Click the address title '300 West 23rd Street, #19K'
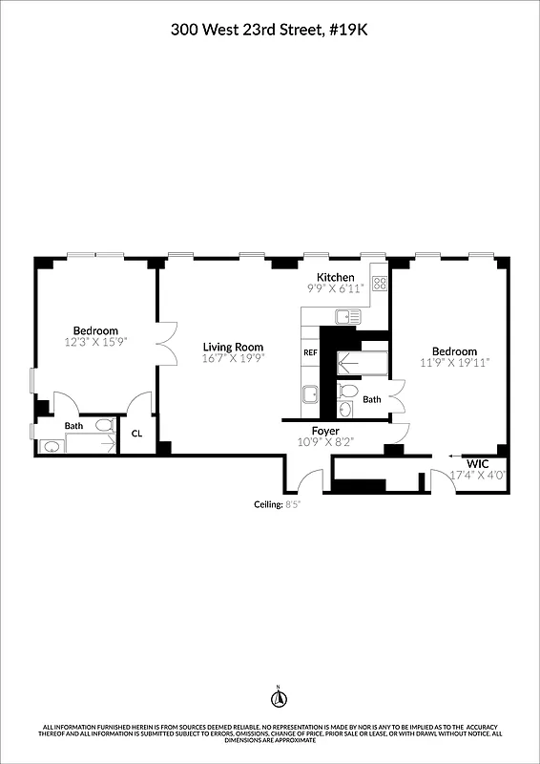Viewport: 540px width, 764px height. [269, 30]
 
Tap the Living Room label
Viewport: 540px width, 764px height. [233, 347]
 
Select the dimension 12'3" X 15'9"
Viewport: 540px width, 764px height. [95, 341]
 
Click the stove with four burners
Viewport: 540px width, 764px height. [379, 283]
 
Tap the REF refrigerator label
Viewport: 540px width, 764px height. [310, 352]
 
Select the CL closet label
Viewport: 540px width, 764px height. [136, 433]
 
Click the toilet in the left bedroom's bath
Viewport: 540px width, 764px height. [104, 426]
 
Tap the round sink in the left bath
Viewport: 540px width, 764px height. [52, 446]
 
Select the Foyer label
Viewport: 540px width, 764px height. [325, 431]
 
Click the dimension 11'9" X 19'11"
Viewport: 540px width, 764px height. [455, 362]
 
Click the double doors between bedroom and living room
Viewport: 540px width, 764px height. [167, 345]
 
